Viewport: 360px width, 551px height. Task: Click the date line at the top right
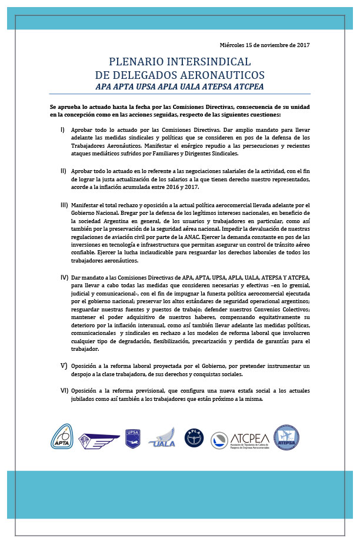(265, 45)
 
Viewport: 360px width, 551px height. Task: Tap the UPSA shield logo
(132, 438)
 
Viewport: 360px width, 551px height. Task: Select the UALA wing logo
(163, 439)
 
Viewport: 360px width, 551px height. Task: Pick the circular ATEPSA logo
(286, 437)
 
